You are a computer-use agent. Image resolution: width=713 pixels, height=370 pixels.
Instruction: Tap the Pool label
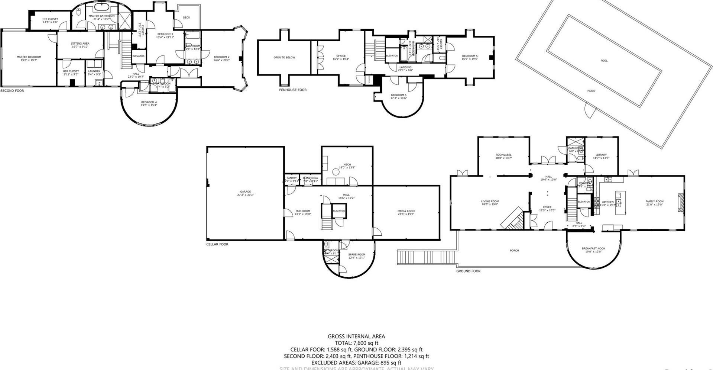tap(604, 61)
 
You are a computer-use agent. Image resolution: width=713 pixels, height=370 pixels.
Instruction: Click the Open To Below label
tap(284, 58)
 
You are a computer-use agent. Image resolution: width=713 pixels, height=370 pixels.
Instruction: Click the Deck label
tap(187, 17)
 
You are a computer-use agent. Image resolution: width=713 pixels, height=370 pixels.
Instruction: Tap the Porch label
tap(514, 251)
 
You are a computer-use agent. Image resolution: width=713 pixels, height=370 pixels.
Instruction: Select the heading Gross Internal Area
tap(356, 336)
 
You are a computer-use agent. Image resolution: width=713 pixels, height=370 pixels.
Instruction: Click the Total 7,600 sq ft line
tap(356, 343)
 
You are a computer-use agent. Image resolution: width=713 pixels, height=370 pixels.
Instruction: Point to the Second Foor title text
tap(12, 91)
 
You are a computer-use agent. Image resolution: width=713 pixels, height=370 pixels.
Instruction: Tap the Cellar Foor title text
tap(217, 244)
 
